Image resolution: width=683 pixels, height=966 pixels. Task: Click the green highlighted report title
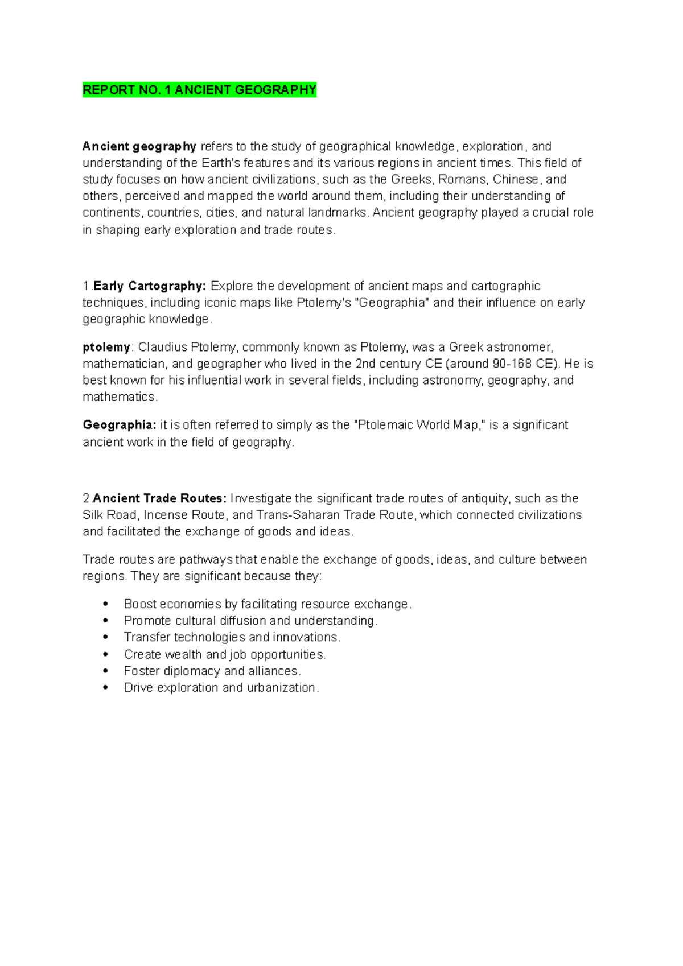click(x=199, y=90)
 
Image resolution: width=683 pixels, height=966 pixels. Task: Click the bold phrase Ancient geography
click(x=139, y=146)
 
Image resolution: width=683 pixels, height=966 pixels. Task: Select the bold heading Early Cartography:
click(x=149, y=286)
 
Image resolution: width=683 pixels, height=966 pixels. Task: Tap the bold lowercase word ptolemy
click(x=106, y=347)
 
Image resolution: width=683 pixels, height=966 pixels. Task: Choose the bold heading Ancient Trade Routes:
click(x=159, y=498)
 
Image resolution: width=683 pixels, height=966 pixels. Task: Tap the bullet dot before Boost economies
click(x=105, y=604)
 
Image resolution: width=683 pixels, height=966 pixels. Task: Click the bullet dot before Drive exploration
click(x=105, y=687)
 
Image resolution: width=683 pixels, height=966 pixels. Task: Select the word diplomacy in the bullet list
click(x=192, y=671)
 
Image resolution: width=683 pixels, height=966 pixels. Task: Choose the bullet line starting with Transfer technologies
click(x=232, y=637)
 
